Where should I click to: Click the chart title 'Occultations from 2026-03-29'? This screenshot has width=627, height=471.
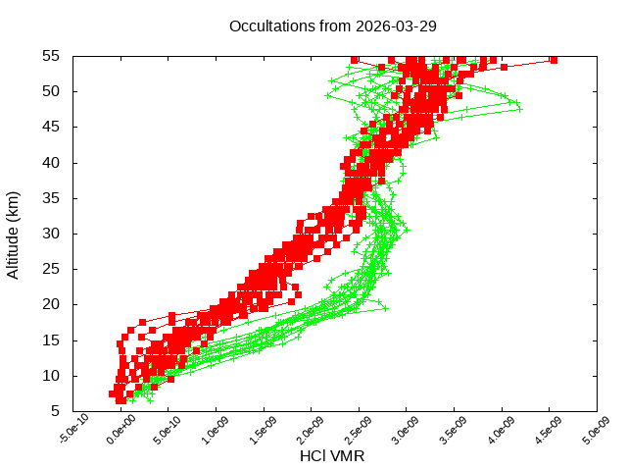tap(332, 26)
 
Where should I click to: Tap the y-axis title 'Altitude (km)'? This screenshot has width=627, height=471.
tap(14, 234)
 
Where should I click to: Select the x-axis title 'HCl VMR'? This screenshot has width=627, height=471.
tap(333, 456)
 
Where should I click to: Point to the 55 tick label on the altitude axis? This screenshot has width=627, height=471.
tap(52, 56)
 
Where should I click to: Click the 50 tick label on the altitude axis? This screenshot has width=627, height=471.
tap(52, 91)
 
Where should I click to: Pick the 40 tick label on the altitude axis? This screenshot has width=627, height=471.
tap(52, 163)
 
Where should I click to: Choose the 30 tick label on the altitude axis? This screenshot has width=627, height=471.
tap(52, 234)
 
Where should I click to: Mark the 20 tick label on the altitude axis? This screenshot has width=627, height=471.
tap(52, 304)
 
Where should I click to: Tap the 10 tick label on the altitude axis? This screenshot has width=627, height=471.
tap(52, 376)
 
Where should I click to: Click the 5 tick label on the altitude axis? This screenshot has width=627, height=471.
tap(56, 411)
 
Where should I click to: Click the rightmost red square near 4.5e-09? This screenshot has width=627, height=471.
tap(554, 60)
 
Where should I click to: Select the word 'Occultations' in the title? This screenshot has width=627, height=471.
tap(268, 26)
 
